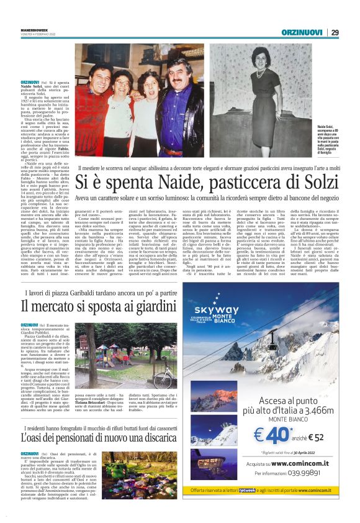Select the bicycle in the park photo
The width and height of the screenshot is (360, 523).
pyautogui.click(x=163, y=376)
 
